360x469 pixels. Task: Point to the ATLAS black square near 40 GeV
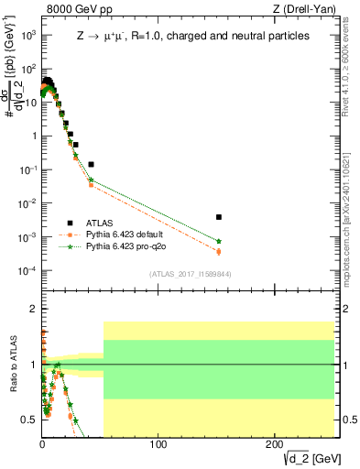[x=91, y=164]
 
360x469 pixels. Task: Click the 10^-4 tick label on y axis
[x=27, y=271]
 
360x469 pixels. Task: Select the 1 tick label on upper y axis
[x=31, y=136]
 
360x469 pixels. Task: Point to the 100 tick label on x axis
[x=158, y=444]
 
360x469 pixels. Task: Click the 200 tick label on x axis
[x=274, y=444]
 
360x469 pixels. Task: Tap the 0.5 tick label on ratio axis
[x=27, y=420]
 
